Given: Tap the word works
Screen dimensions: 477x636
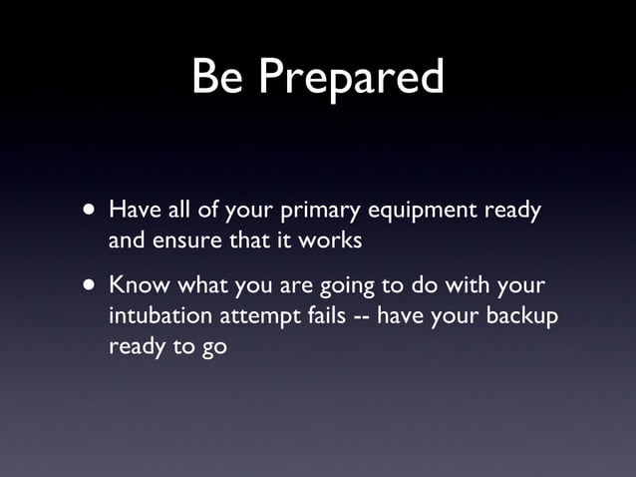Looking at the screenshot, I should pos(330,240).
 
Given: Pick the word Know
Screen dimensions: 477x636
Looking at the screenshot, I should pos(137,285).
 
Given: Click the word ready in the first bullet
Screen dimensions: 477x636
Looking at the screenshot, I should pos(511,213).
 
